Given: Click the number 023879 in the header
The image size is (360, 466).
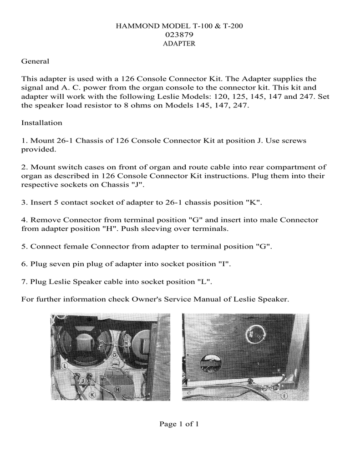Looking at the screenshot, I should pyautogui.click(x=179, y=35).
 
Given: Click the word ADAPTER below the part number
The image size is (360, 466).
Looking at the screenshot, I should pyautogui.click(x=179, y=44).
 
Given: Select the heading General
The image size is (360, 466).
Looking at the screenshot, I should pyautogui.click(x=35, y=61).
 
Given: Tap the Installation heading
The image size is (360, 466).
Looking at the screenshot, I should pyautogui.click(x=42, y=123).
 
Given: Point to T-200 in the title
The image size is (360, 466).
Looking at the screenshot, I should pyautogui.click(x=232, y=26).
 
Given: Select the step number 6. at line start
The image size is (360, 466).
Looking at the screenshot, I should pyautogui.click(x=25, y=263).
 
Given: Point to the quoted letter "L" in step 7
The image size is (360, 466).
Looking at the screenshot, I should pyautogui.click(x=206, y=281).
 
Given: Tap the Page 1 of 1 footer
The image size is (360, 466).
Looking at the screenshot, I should pyautogui.click(x=179, y=424).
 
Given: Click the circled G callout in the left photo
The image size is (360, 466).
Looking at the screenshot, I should pyautogui.click(x=114, y=354).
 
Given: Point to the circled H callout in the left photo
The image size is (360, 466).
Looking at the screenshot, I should pyautogui.click(x=117, y=390).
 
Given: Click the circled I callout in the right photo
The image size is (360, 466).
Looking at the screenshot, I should pyautogui.click(x=285, y=396).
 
